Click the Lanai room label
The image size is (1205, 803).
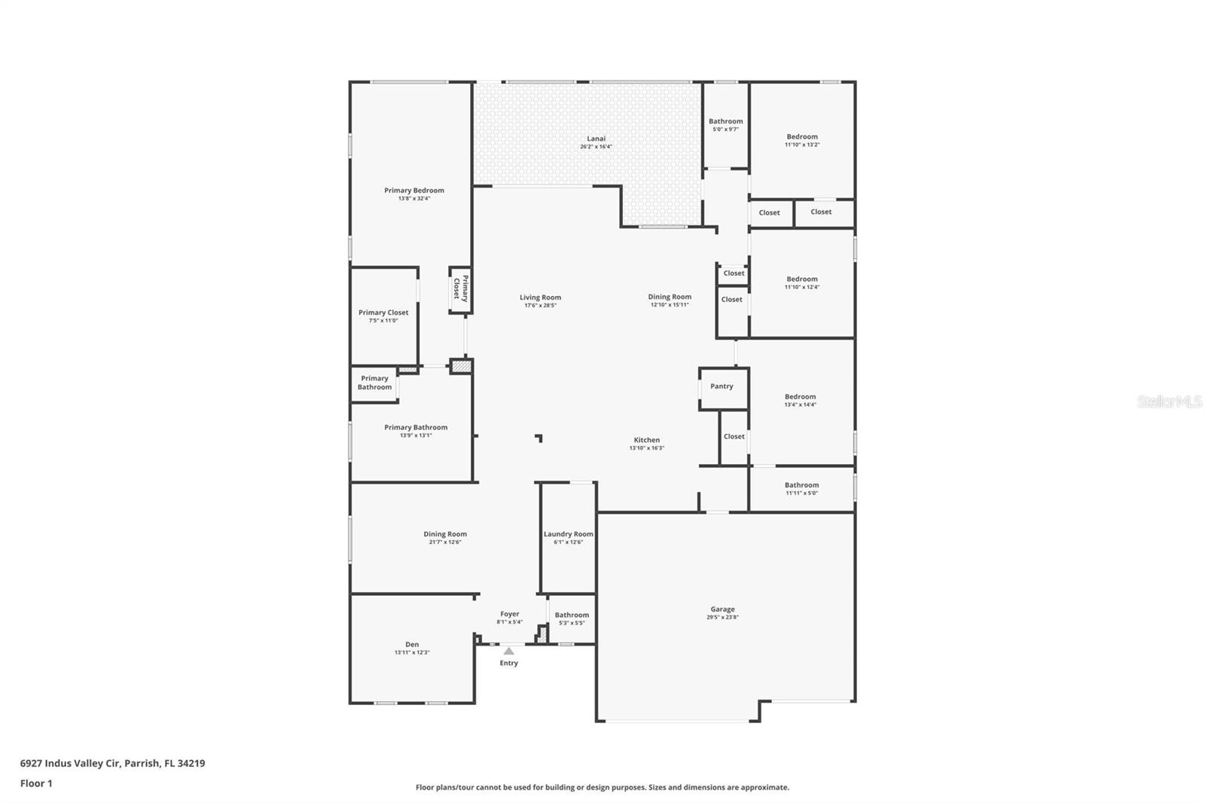pos(596,139)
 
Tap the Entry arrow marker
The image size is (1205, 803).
pos(509,652)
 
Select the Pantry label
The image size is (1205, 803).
pos(721,386)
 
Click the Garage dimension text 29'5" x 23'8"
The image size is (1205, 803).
pos(722,618)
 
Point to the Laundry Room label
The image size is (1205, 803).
pos(569,534)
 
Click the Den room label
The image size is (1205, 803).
pos(412,644)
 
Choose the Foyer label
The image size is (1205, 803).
pos(510,614)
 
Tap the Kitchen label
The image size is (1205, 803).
pos(646,440)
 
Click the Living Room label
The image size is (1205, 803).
pos(540,298)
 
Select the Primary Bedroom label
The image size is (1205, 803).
pos(414,191)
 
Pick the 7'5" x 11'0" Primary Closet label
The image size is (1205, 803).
pos(383,313)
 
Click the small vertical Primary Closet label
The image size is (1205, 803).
pos(461,289)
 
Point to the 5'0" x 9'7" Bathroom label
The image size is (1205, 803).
pos(725,121)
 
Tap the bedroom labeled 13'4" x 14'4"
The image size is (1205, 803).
pos(800,397)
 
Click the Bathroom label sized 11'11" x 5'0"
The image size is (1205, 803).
pos(801,486)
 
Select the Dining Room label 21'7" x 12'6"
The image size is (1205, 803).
pos(444,534)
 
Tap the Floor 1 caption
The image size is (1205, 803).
pos(36,783)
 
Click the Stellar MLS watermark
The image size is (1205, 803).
pos(1169,402)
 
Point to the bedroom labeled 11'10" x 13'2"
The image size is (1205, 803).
pos(801,137)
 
